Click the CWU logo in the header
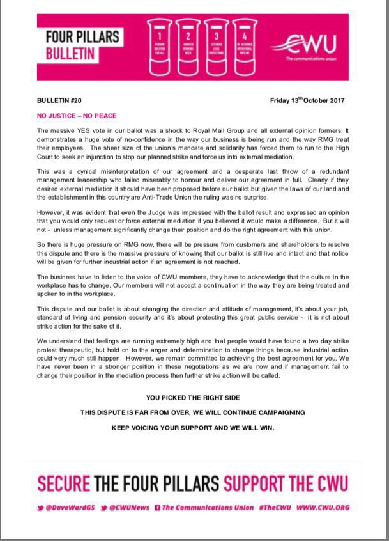point(309,47)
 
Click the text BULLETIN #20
point(61,101)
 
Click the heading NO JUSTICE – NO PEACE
point(77,116)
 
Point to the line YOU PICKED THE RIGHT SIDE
point(193,397)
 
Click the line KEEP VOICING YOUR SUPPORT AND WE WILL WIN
point(193,428)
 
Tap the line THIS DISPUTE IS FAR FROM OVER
point(193,412)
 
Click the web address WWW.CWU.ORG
point(323,508)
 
